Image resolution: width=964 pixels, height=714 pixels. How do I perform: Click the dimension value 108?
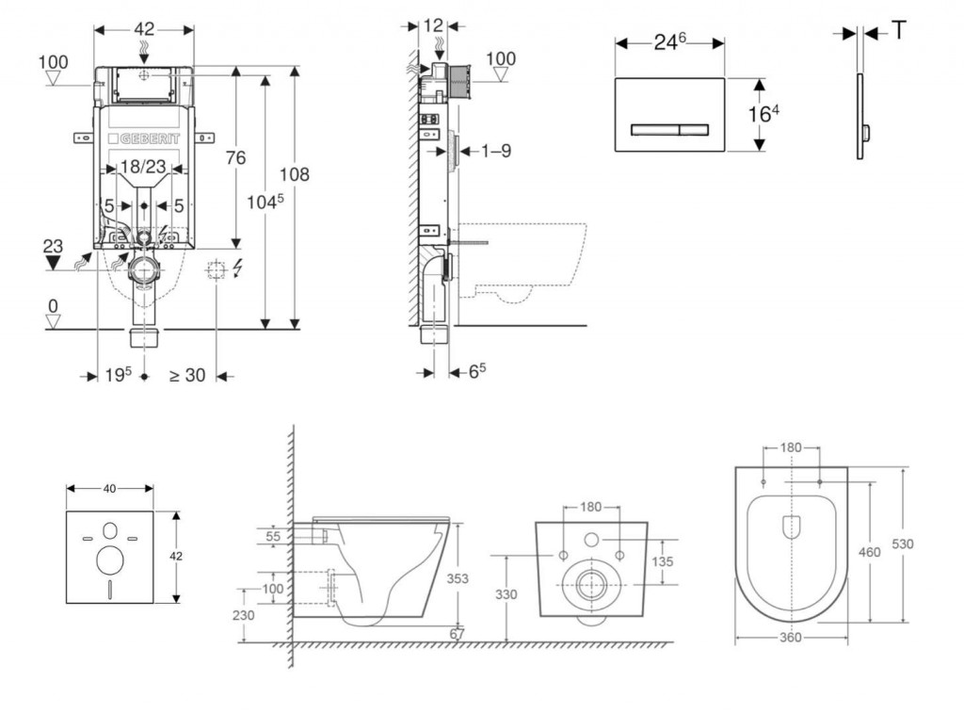pos(294,174)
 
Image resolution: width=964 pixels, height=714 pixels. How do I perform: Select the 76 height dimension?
pos(234,157)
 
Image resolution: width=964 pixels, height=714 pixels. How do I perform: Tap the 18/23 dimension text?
pos(143,167)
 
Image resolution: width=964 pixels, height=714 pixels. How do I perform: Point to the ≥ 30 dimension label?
pos(187,375)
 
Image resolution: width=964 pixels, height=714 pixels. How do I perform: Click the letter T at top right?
pos(899,31)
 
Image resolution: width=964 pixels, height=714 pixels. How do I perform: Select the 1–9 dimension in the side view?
pos(495,151)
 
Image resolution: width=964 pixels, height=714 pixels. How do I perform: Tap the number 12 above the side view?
pos(433,25)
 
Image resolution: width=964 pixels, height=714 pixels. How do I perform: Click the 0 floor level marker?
pos(54,306)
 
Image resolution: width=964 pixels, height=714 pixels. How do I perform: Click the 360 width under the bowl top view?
pos(791,638)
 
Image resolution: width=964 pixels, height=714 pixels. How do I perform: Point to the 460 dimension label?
pos(870,552)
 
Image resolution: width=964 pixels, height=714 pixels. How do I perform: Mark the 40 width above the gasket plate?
pos(109,488)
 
